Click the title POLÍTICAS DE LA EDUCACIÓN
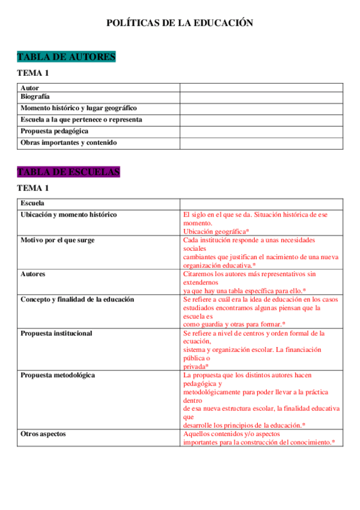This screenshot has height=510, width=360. click(180, 23)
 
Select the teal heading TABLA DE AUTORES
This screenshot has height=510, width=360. click(66, 57)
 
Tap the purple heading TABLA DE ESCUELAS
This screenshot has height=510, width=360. click(69, 172)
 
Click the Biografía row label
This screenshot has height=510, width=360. click(35, 96)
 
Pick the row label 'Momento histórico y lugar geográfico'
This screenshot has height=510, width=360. click(79, 108)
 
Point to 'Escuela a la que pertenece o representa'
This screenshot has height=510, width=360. click(81, 120)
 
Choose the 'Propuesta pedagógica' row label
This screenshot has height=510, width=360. click(55, 131)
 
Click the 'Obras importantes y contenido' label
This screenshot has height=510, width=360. click(69, 143)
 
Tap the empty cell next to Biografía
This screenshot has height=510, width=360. click(261, 96)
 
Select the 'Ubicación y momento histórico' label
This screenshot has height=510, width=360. click(69, 215)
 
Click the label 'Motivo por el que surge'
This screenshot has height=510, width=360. click(57, 240)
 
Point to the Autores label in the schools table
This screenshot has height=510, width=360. click(33, 274)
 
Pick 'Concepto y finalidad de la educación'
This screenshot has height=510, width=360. click(78, 299)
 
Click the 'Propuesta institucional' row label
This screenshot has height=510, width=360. click(56, 333)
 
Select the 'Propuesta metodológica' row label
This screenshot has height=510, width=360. click(58, 375)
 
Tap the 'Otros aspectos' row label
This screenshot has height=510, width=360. click(43, 434)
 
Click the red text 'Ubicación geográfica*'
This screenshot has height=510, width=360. click(216, 231)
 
